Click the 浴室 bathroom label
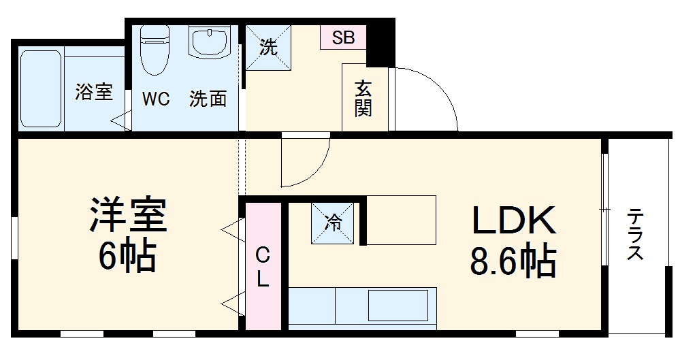pyautogui.click(x=94, y=93)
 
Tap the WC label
pyautogui.click(x=155, y=99)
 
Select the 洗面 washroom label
pyautogui.click(x=208, y=99)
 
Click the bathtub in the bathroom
pyautogui.click(x=42, y=88)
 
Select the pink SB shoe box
pyautogui.click(x=343, y=38)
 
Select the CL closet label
pyautogui.click(x=262, y=267)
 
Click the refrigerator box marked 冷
pyautogui.click(x=333, y=223)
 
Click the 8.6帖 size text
pyautogui.click(x=513, y=260)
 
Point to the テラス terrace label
pyautogui.click(x=636, y=235)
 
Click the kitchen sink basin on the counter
pyautogui.click(x=397, y=306)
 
